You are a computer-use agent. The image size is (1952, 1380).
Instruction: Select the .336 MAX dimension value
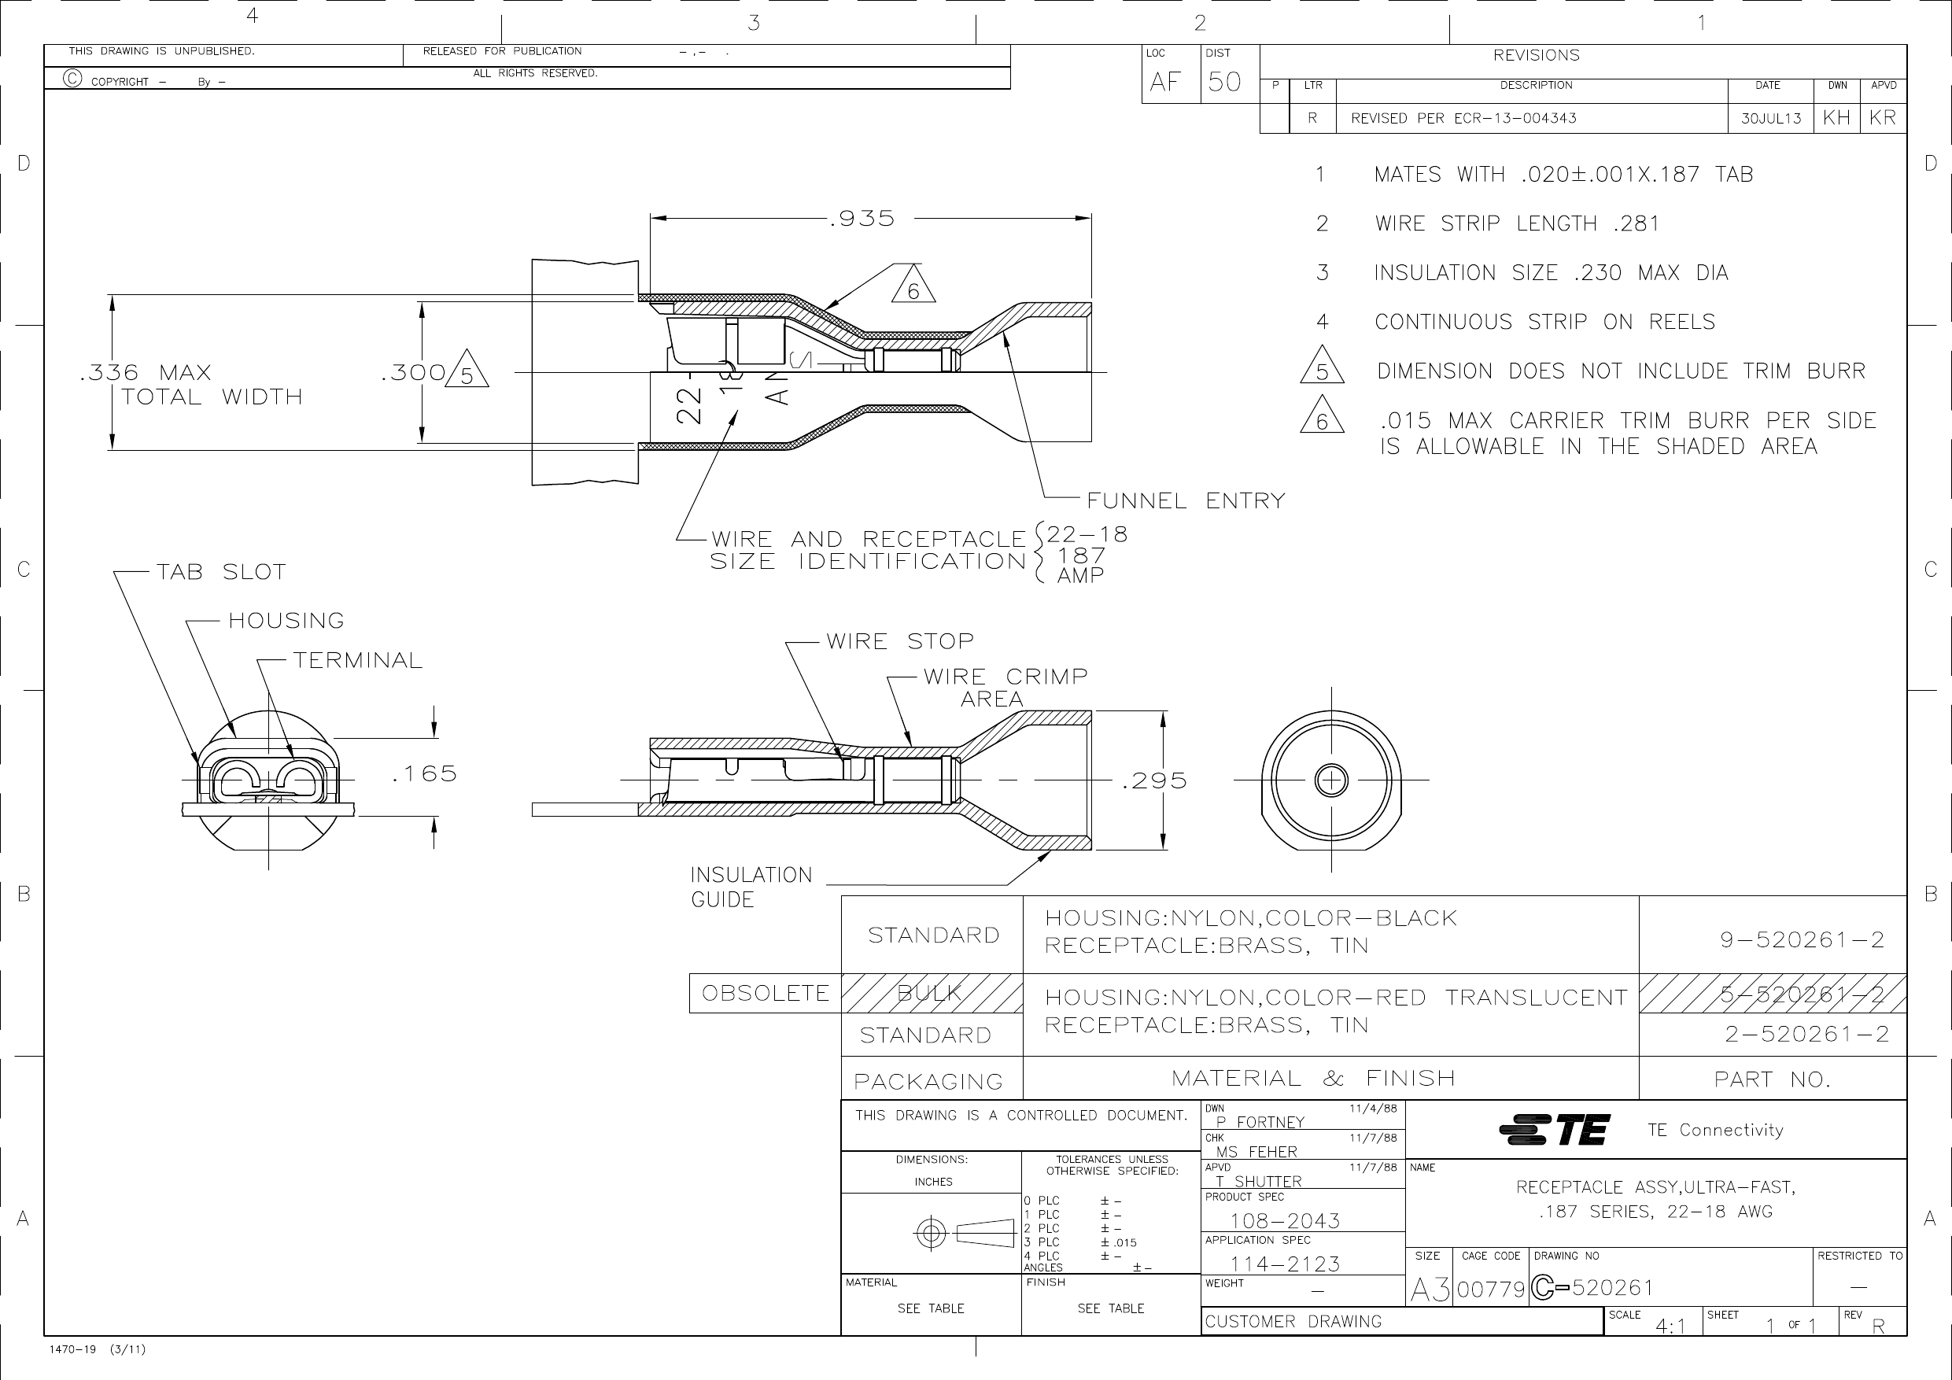[146, 372]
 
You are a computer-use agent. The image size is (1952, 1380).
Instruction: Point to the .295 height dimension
[1154, 780]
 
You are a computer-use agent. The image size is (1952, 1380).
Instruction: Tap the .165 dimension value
[424, 773]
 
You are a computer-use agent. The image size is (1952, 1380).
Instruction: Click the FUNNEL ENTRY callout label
[1186, 501]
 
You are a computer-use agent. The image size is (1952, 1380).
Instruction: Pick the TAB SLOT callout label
[221, 571]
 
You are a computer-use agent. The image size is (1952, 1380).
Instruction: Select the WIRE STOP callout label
[900, 641]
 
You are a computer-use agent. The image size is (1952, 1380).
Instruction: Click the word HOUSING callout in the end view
[286, 621]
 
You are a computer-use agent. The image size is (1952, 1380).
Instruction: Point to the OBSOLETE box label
[766, 993]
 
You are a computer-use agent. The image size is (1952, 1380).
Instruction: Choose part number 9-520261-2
[1803, 939]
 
